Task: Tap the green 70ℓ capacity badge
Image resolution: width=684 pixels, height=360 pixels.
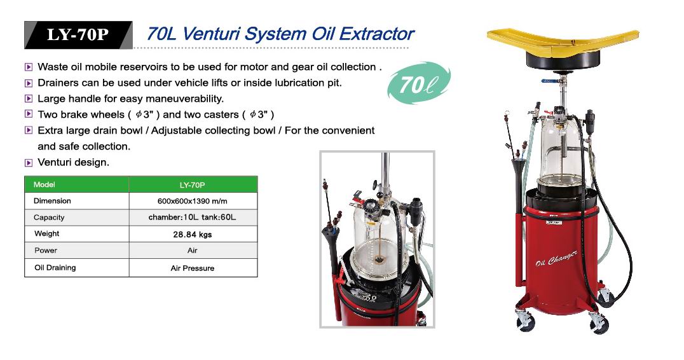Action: (418, 83)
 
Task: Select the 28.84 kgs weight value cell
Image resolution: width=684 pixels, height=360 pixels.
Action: (193, 234)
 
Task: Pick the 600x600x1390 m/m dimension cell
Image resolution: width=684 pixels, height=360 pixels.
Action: (193, 201)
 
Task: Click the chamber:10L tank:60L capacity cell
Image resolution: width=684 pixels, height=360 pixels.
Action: (193, 218)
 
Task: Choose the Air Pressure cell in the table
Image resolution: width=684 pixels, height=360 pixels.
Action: (193, 268)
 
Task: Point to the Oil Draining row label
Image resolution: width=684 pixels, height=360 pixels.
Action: (55, 268)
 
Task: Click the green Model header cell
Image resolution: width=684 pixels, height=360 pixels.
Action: (77, 184)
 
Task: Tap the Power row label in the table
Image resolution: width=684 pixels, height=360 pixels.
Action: (46, 251)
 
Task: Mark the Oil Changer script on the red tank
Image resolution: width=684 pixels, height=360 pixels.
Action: (557, 258)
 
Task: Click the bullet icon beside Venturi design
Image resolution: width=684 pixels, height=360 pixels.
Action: (29, 163)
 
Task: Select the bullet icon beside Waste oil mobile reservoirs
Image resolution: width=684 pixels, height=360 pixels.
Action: (29, 67)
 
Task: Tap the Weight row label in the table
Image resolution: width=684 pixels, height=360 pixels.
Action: (46, 233)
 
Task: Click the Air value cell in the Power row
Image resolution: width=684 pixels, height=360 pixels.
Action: (193, 251)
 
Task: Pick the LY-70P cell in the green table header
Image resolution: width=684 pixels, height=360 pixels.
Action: (193, 184)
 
